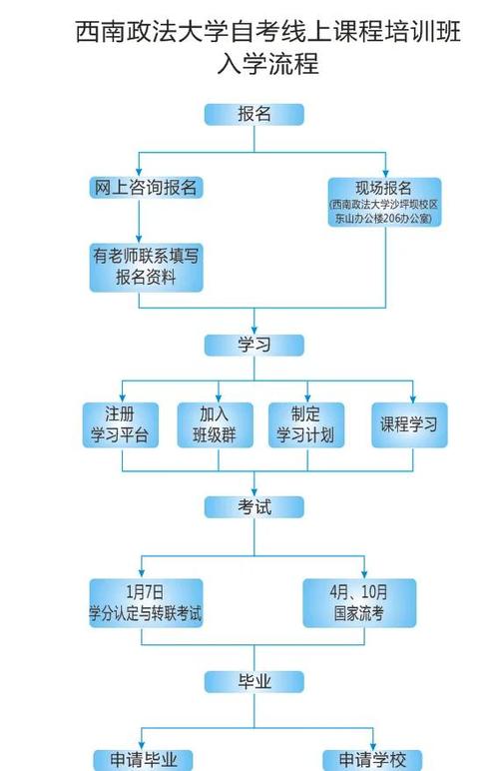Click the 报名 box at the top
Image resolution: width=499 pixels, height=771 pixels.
tap(253, 114)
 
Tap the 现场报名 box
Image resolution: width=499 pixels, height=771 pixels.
tap(383, 201)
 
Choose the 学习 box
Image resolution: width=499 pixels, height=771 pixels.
tap(253, 345)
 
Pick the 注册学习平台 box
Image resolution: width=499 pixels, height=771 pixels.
tap(118, 424)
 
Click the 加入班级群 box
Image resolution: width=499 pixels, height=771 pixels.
tap(212, 424)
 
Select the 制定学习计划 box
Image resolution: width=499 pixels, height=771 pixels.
tap(305, 424)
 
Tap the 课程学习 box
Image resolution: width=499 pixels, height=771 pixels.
tap(408, 424)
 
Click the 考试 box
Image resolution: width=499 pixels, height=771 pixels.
tap(253, 506)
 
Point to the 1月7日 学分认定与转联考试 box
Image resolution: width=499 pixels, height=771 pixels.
tap(146, 602)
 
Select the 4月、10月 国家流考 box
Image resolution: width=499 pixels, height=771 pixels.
tap(360, 602)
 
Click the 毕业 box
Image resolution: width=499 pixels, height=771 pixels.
tap(253, 682)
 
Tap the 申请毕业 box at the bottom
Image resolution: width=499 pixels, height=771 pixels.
tap(144, 760)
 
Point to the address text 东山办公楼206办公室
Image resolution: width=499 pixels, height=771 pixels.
tap(383, 217)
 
